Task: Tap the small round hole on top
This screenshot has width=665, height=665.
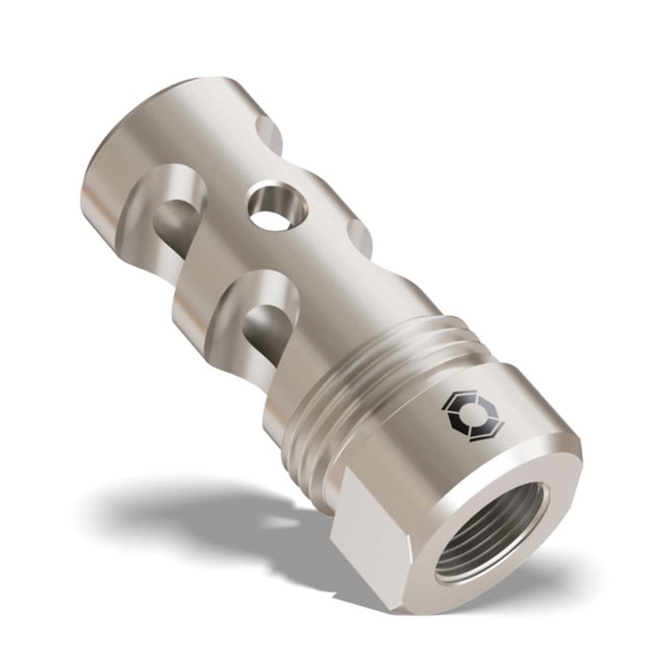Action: pos(271,208)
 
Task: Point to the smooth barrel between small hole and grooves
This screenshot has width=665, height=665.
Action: pos(324,274)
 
